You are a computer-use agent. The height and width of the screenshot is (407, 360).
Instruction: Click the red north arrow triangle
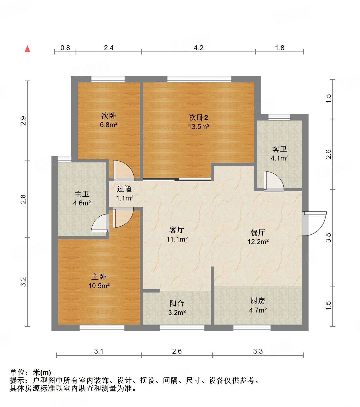click(x=27, y=49)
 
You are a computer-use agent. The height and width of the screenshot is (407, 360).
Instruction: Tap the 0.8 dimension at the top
click(x=65, y=48)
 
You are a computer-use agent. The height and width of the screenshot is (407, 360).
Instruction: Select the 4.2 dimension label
click(x=198, y=48)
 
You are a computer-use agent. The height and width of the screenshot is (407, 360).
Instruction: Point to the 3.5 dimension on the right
click(x=328, y=237)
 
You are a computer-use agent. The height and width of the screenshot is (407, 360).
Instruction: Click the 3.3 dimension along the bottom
click(x=258, y=351)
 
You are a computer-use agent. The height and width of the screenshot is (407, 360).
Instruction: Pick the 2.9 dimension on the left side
click(x=24, y=121)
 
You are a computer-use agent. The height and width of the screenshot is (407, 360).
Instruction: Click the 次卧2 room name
click(x=198, y=117)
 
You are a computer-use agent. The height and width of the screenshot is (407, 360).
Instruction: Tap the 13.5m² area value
click(x=198, y=127)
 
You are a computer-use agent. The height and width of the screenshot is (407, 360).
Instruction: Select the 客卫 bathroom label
click(x=280, y=149)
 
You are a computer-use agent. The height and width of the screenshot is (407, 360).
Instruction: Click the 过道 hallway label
click(x=124, y=189)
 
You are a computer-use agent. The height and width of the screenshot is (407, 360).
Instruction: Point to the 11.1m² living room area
click(x=177, y=239)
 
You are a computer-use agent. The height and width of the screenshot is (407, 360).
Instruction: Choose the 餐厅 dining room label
click(x=258, y=233)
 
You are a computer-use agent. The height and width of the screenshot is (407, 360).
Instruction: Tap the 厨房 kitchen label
click(x=258, y=301)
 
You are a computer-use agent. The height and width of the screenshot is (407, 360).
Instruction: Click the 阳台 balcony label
click(x=177, y=303)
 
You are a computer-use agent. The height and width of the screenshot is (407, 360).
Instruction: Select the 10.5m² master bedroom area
click(x=99, y=286)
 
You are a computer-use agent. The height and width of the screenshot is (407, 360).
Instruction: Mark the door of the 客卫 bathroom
click(x=273, y=181)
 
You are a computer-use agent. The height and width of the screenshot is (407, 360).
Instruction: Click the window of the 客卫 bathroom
click(x=279, y=117)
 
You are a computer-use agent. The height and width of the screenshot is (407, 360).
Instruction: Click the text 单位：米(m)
click(x=30, y=372)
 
